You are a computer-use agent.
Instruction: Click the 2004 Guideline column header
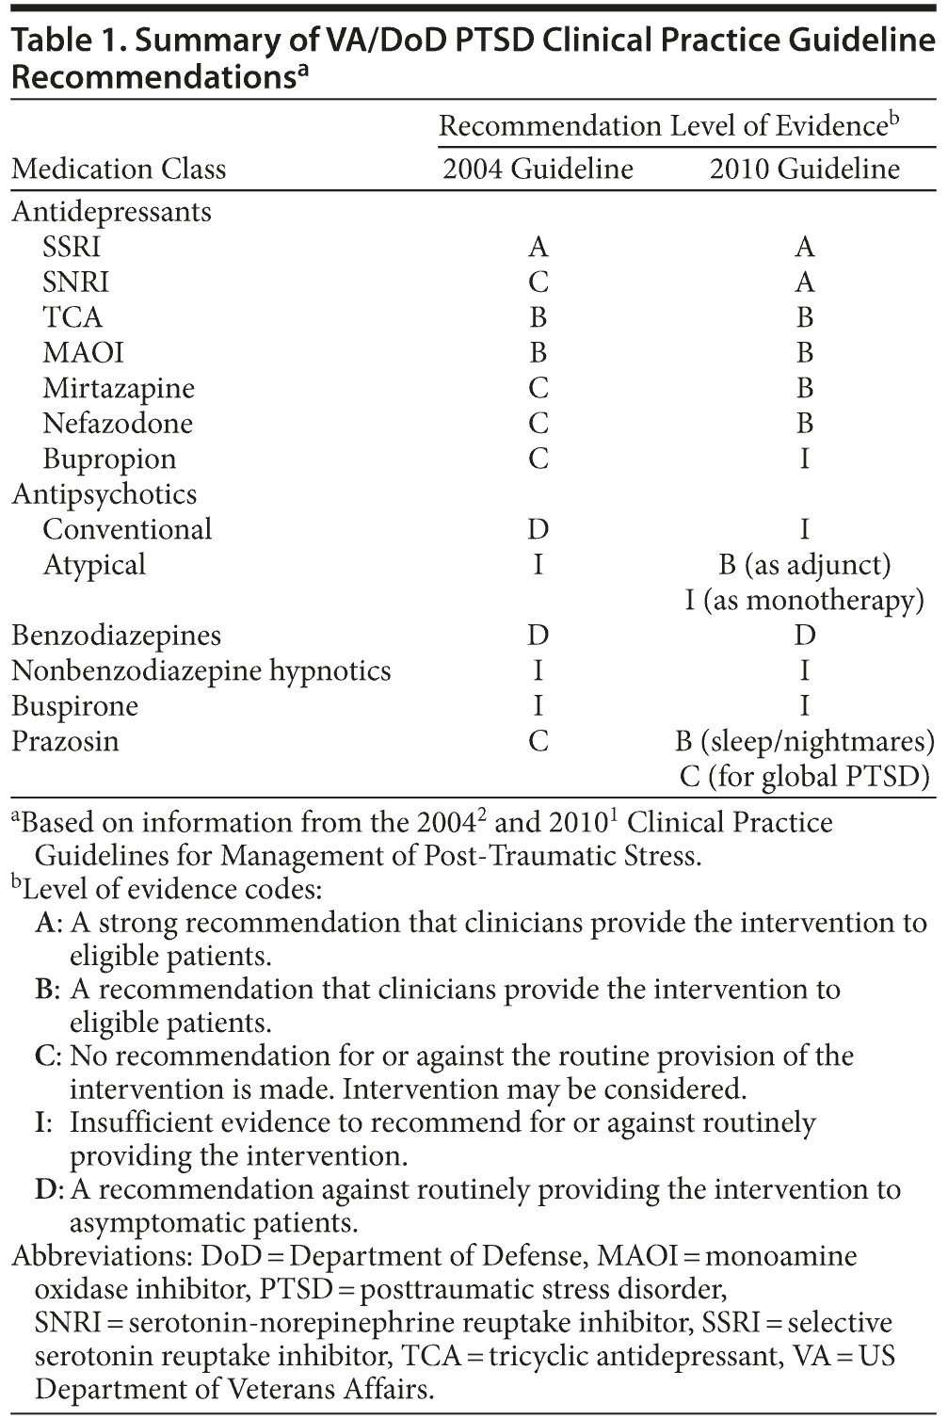[538, 169]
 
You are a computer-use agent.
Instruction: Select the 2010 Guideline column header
[804, 169]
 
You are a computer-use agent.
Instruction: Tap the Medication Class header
[119, 169]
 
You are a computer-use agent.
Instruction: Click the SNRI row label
[75, 282]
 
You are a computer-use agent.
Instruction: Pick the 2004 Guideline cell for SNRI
[538, 282]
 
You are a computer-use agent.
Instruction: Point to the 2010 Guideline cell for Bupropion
[804, 460]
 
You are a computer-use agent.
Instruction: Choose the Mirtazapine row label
[119, 389]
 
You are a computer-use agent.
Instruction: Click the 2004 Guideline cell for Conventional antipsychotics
[538, 530]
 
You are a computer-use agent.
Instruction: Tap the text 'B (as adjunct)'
[804, 565]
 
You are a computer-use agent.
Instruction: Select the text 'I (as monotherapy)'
[804, 601]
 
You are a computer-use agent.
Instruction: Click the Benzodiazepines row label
[116, 636]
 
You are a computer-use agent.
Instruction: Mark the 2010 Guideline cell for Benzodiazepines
[804, 636]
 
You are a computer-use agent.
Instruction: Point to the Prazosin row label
[65, 742]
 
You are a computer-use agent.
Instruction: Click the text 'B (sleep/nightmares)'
[804, 742]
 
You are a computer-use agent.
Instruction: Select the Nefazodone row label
[118, 424]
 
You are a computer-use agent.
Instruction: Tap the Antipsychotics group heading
[104, 494]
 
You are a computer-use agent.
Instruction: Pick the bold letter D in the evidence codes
[46, 1190]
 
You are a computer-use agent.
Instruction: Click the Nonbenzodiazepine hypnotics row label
[201, 671]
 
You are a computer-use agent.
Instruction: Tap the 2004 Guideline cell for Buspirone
[538, 706]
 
